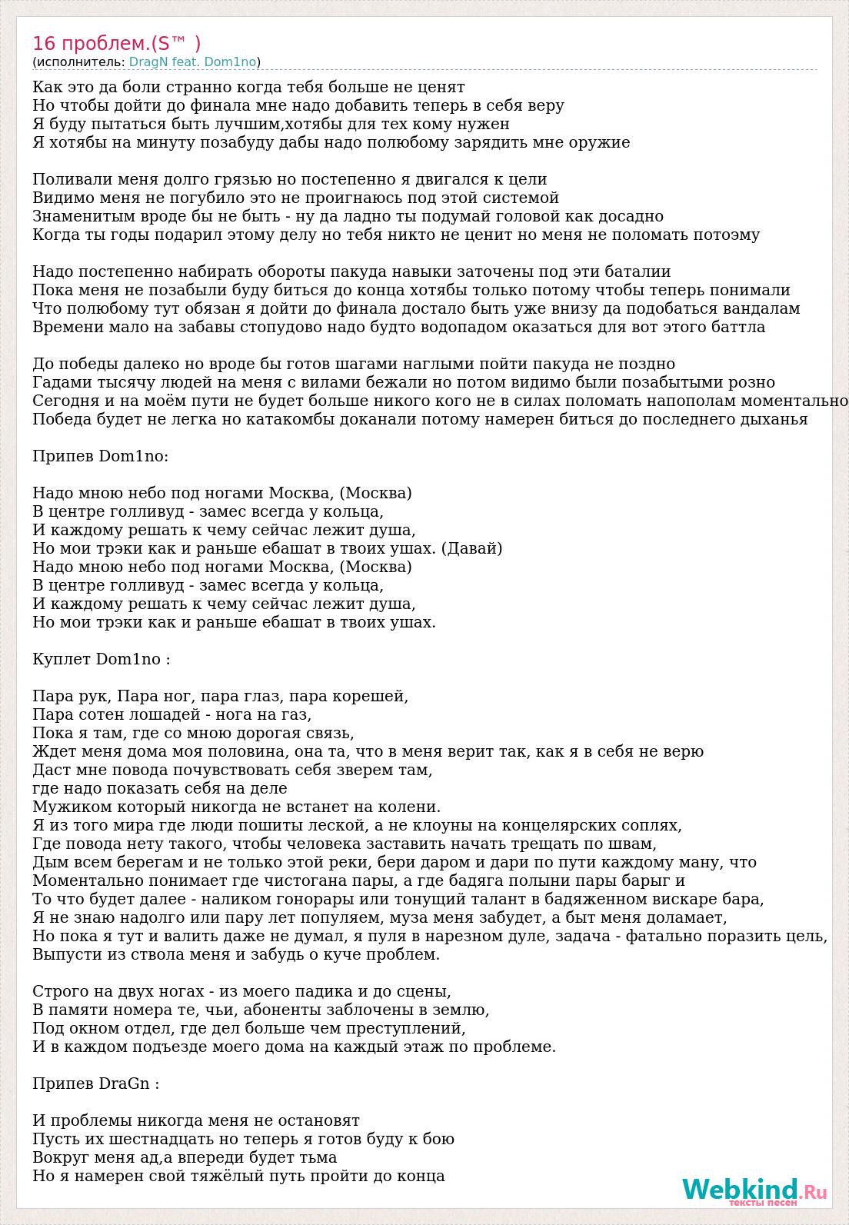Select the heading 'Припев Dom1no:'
[101, 456]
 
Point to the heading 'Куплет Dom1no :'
[102, 659]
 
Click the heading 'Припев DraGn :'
[96, 1084]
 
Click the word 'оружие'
[600, 142]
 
